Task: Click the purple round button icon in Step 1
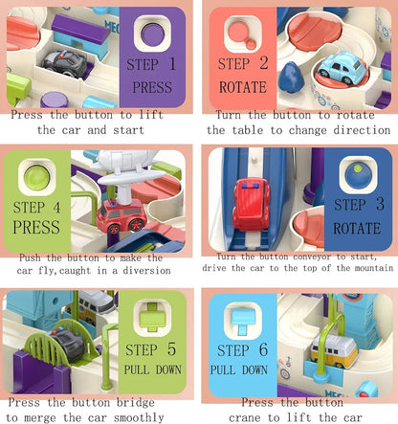[152, 34]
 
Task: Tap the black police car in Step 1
[66, 63]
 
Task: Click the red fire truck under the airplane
[122, 215]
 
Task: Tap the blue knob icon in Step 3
[358, 175]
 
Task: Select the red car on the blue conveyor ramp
[251, 204]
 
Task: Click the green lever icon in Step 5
[152, 317]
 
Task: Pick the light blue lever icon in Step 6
[243, 319]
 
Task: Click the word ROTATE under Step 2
[243, 87]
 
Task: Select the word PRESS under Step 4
[36, 227]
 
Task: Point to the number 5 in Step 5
[171, 348]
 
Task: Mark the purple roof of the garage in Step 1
[80, 29]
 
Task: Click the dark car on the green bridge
[69, 345]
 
